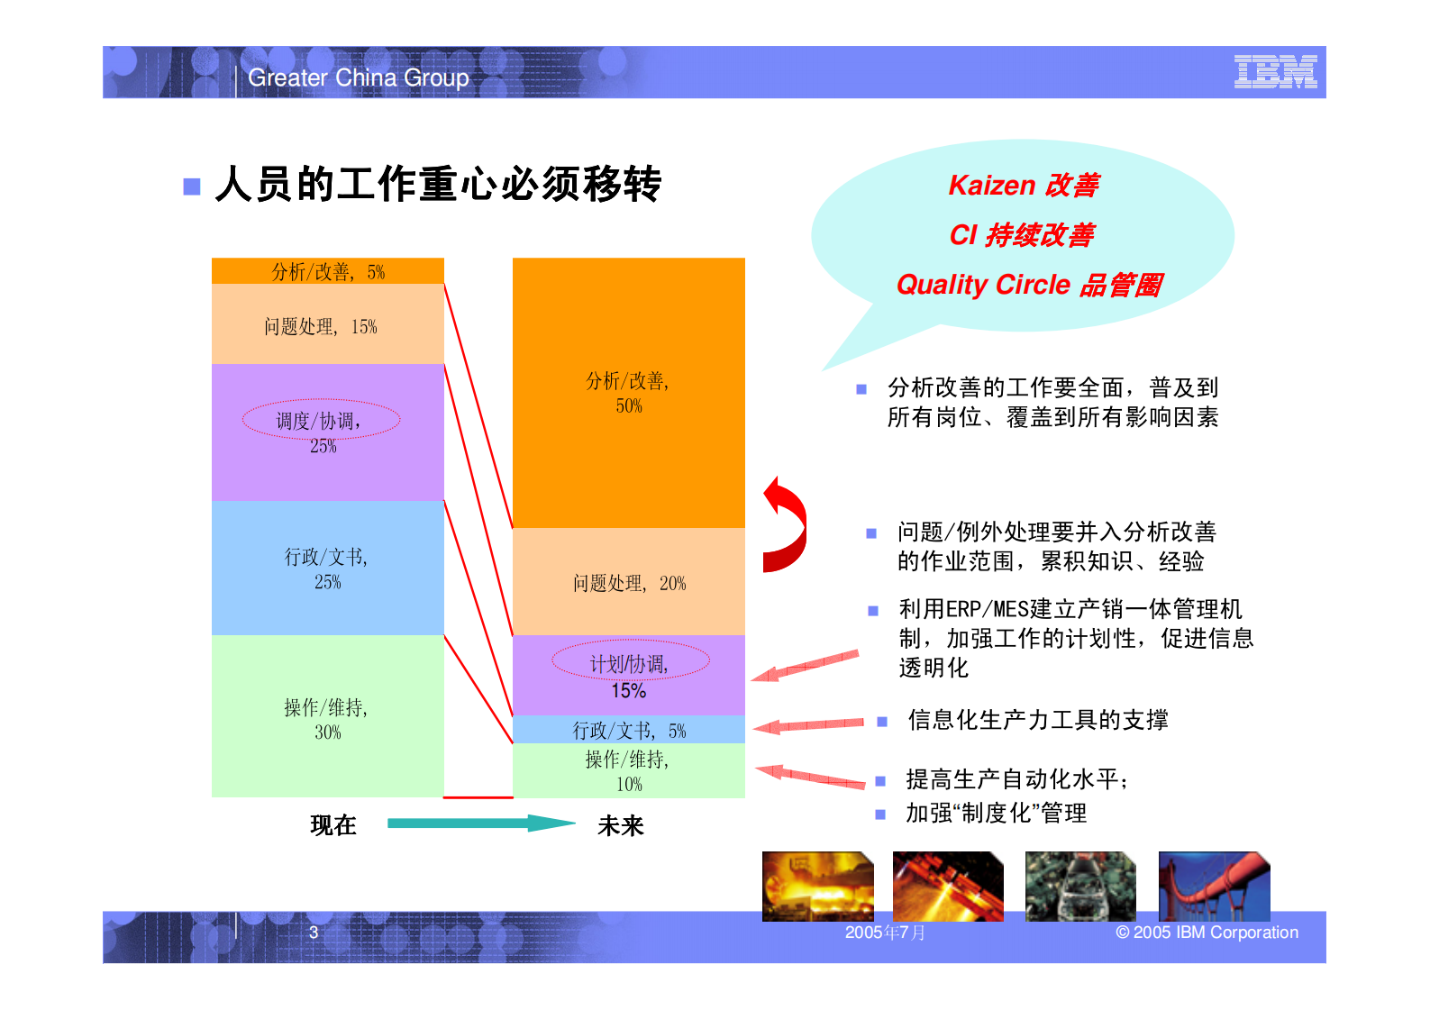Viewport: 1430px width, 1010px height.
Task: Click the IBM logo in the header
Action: pos(1275,72)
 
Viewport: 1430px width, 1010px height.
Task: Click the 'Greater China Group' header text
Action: pos(358,78)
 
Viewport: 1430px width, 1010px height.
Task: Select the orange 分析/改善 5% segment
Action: pos(328,271)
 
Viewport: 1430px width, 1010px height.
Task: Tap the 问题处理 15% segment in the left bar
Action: pos(327,325)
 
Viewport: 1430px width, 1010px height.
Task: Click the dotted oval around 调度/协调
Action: pos(321,420)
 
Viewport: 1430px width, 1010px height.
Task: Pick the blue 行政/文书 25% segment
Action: pos(327,569)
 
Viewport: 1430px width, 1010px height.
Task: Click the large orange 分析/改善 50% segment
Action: pos(628,393)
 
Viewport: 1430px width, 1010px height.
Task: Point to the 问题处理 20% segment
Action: pos(628,583)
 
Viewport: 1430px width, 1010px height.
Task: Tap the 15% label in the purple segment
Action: pos(628,691)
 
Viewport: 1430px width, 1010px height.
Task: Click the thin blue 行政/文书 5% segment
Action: pos(628,730)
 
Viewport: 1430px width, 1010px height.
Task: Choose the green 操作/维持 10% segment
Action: pos(628,770)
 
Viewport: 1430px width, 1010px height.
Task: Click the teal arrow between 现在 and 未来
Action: pos(480,823)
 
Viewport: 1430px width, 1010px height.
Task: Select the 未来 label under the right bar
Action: pos(620,825)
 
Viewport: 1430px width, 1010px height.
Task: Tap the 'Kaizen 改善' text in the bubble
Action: pos(1024,186)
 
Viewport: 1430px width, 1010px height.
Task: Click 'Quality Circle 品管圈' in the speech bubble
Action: pos(1029,286)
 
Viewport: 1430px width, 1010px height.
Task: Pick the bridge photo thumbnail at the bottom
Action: pos(1214,886)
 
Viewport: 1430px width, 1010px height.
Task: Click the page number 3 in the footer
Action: pos(314,933)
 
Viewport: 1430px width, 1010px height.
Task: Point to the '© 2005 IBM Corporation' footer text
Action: pos(1207,933)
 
